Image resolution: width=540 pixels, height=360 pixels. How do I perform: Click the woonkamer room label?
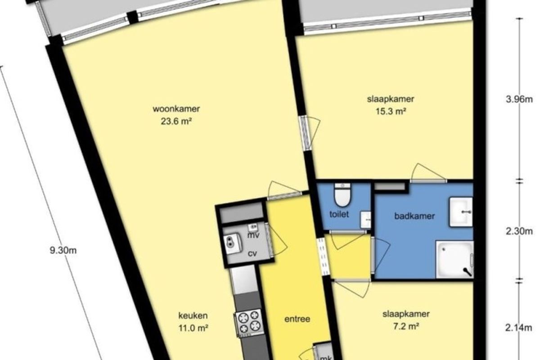coord(176,109)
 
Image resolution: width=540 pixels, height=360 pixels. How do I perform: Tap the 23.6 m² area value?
coord(176,121)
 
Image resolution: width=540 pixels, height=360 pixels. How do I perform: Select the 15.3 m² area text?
coord(391,112)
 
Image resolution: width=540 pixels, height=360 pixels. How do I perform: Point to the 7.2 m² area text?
coord(406,327)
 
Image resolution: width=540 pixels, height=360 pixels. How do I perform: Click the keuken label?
coord(193,315)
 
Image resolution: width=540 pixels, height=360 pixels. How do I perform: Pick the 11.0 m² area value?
coord(193,328)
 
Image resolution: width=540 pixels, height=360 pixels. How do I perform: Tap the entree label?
coord(297,319)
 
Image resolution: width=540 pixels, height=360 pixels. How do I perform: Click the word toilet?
coord(339,214)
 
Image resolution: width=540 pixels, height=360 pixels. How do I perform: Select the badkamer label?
coord(414,216)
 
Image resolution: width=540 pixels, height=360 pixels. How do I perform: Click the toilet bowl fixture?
coord(342,195)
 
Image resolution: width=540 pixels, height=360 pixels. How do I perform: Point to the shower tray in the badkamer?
coord(455,260)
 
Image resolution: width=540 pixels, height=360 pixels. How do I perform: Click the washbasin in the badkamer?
coord(461,212)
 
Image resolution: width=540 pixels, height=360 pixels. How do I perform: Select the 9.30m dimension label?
coord(63,250)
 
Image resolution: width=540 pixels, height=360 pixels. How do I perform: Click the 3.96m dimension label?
coord(519,99)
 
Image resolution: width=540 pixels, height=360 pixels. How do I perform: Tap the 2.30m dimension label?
coord(519,231)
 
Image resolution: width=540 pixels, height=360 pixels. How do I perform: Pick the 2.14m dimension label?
coord(519,328)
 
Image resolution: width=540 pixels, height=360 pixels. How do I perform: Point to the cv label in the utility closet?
coord(252,253)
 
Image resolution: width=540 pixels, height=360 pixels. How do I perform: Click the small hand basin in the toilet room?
coord(365,220)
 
